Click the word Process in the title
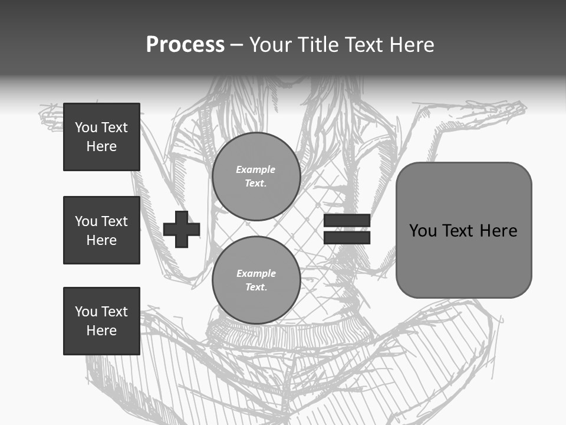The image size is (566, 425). pos(185,45)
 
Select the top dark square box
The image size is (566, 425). pos(101,137)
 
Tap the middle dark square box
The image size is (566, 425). pos(101,230)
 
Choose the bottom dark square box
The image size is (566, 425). pos(101,321)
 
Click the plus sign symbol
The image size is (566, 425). pos(182,229)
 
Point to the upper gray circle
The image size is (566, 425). pos(256,176)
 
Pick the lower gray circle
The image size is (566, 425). pos(256,280)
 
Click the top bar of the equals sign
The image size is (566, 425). pos(347,221)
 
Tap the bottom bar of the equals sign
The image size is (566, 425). pos(347,237)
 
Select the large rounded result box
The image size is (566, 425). pos(463,230)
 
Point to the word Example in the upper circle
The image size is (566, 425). pos(256,169)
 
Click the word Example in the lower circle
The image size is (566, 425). pos(256,273)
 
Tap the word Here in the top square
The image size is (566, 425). pos(101,146)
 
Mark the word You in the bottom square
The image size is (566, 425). pos(86,312)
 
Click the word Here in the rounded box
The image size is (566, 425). pos(498,231)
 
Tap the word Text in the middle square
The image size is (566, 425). pos(114,221)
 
